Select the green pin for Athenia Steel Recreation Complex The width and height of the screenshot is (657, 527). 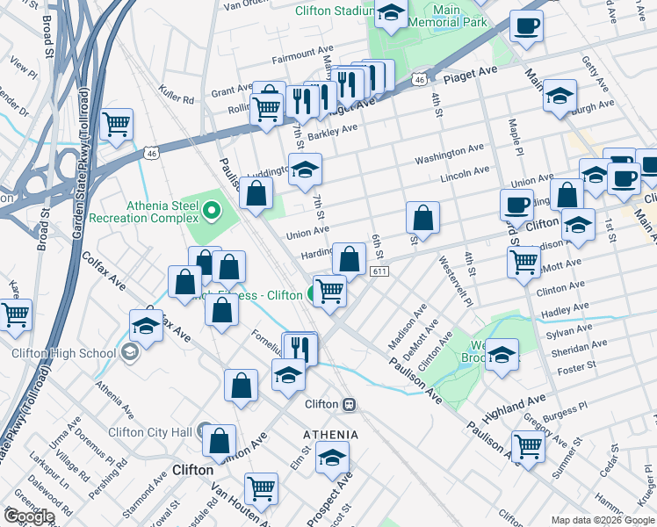(212, 211)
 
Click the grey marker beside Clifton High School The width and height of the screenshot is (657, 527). (130, 353)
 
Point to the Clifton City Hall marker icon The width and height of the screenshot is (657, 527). (204, 431)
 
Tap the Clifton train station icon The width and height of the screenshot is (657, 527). (349, 404)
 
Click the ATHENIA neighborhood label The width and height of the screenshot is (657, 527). (330, 435)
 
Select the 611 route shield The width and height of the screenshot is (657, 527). (379, 273)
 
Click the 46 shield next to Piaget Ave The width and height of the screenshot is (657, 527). (420, 79)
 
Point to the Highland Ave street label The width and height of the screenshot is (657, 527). (509, 405)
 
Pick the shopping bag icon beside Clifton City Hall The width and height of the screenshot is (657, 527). (220, 441)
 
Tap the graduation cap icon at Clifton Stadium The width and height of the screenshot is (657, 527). (391, 13)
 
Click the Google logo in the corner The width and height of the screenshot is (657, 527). (30, 516)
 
